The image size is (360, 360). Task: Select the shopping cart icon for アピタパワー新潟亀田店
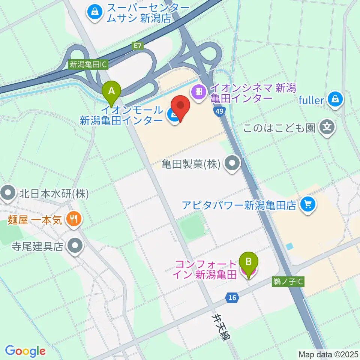coord(308,204)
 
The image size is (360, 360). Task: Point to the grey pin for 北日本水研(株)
coord(8,194)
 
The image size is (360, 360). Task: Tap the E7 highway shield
coord(138,46)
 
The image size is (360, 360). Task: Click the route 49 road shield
coord(220,111)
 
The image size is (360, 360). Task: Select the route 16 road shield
coord(232,297)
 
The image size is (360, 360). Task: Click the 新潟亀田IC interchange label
coord(88,64)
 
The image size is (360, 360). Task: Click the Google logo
coord(25,351)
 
